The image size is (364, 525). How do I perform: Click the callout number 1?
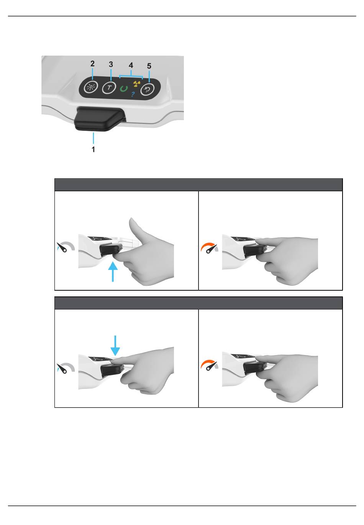[x=93, y=149]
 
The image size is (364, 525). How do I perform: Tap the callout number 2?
[x=92, y=64]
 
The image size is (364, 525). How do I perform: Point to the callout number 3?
[x=111, y=64]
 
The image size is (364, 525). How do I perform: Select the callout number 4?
[x=131, y=65]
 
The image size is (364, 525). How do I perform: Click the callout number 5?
[x=149, y=66]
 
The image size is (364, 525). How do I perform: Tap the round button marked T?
[x=109, y=88]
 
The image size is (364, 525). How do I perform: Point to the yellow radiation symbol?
[x=136, y=84]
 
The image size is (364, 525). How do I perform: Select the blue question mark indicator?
[x=133, y=94]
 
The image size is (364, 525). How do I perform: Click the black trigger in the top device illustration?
[x=100, y=118]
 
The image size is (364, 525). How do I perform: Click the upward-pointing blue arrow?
[x=113, y=272]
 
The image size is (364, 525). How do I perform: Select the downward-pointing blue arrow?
[x=115, y=346]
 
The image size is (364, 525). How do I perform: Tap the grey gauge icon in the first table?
[x=66, y=247]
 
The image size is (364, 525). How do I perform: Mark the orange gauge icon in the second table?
[x=209, y=365]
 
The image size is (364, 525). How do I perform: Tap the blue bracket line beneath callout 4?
[x=131, y=76]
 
